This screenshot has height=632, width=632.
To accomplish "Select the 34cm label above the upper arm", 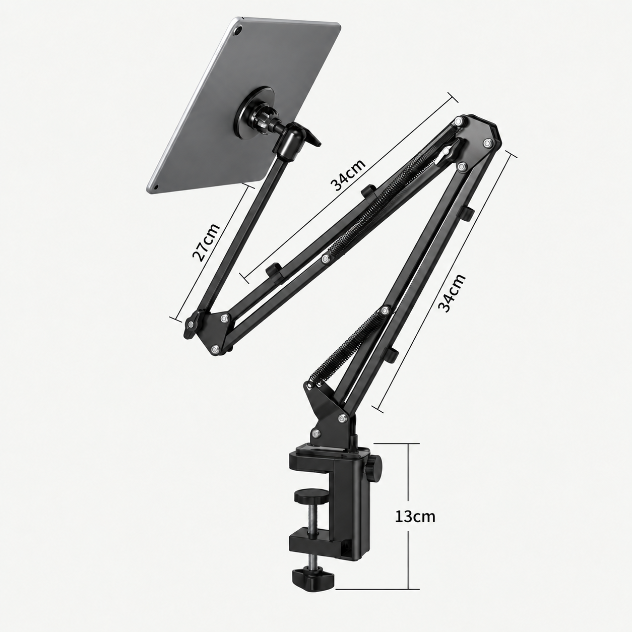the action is tap(348, 175).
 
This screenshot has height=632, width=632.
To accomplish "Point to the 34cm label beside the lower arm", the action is tap(452, 292).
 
